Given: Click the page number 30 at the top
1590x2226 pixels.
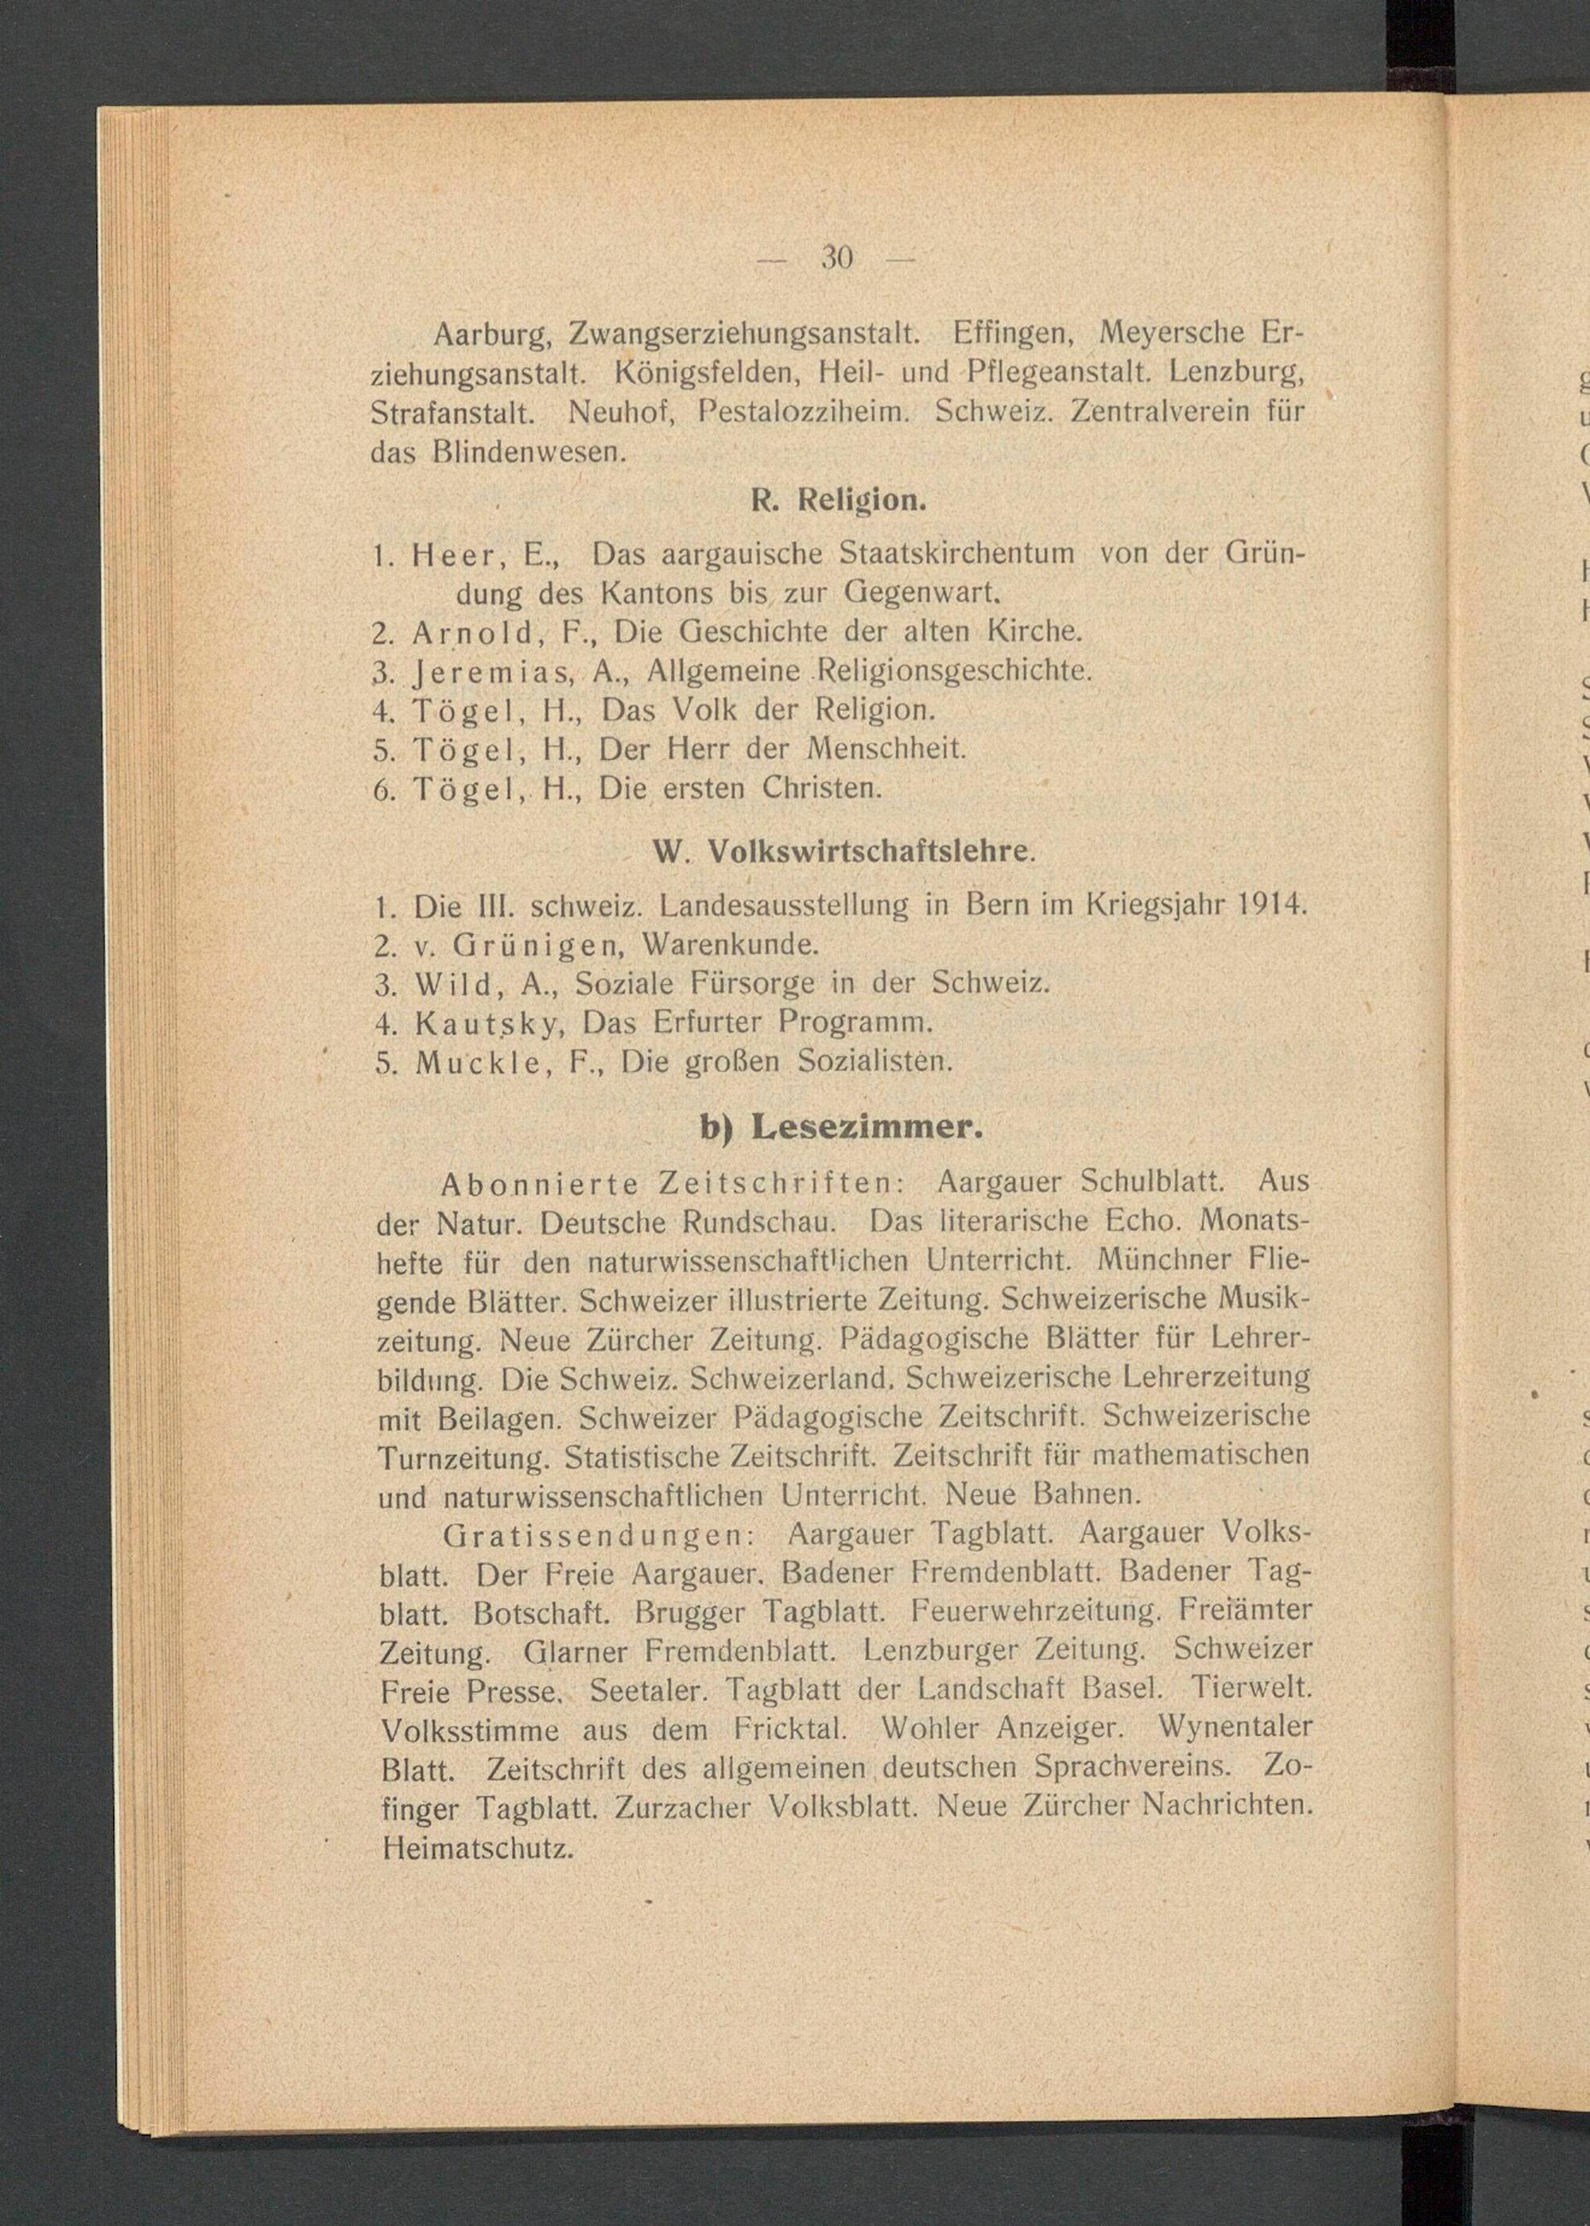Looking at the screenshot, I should click(x=837, y=258).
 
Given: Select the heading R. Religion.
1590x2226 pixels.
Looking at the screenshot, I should click(x=837, y=500).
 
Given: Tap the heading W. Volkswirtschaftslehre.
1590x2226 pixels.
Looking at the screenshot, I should click(x=842, y=851).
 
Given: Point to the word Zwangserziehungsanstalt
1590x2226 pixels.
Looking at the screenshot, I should click(x=744, y=335).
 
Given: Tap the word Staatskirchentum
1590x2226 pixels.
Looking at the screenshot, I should click(x=956, y=555).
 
